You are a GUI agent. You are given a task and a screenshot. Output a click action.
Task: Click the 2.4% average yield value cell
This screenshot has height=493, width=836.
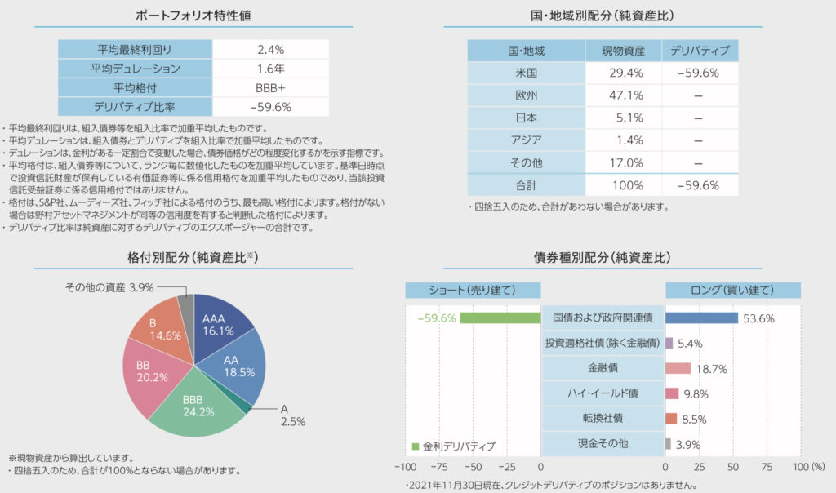tap(269, 50)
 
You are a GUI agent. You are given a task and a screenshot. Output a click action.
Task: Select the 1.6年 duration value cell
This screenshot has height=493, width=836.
tap(269, 69)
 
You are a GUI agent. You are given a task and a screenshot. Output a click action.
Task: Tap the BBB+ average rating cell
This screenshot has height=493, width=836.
tap(269, 87)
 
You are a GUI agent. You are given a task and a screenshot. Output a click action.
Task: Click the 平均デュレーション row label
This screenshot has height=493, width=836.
tap(136, 69)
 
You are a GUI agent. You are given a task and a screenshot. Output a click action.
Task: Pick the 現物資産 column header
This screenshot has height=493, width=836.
tap(623, 51)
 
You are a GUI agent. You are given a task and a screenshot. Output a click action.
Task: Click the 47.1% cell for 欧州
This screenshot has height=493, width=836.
tap(623, 95)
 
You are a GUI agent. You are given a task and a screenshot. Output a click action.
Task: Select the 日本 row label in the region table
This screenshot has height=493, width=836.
tap(526, 117)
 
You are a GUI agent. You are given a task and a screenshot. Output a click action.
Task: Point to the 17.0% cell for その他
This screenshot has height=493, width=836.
tap(623, 162)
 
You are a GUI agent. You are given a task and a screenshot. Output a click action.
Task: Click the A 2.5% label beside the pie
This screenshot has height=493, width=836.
tap(293, 416)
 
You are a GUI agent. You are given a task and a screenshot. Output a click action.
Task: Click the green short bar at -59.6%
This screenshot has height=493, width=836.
tap(500, 318)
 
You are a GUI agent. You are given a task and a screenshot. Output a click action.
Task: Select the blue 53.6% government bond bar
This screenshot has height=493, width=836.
tap(701, 318)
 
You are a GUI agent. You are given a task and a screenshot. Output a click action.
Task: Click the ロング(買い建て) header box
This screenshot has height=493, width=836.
tap(732, 290)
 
